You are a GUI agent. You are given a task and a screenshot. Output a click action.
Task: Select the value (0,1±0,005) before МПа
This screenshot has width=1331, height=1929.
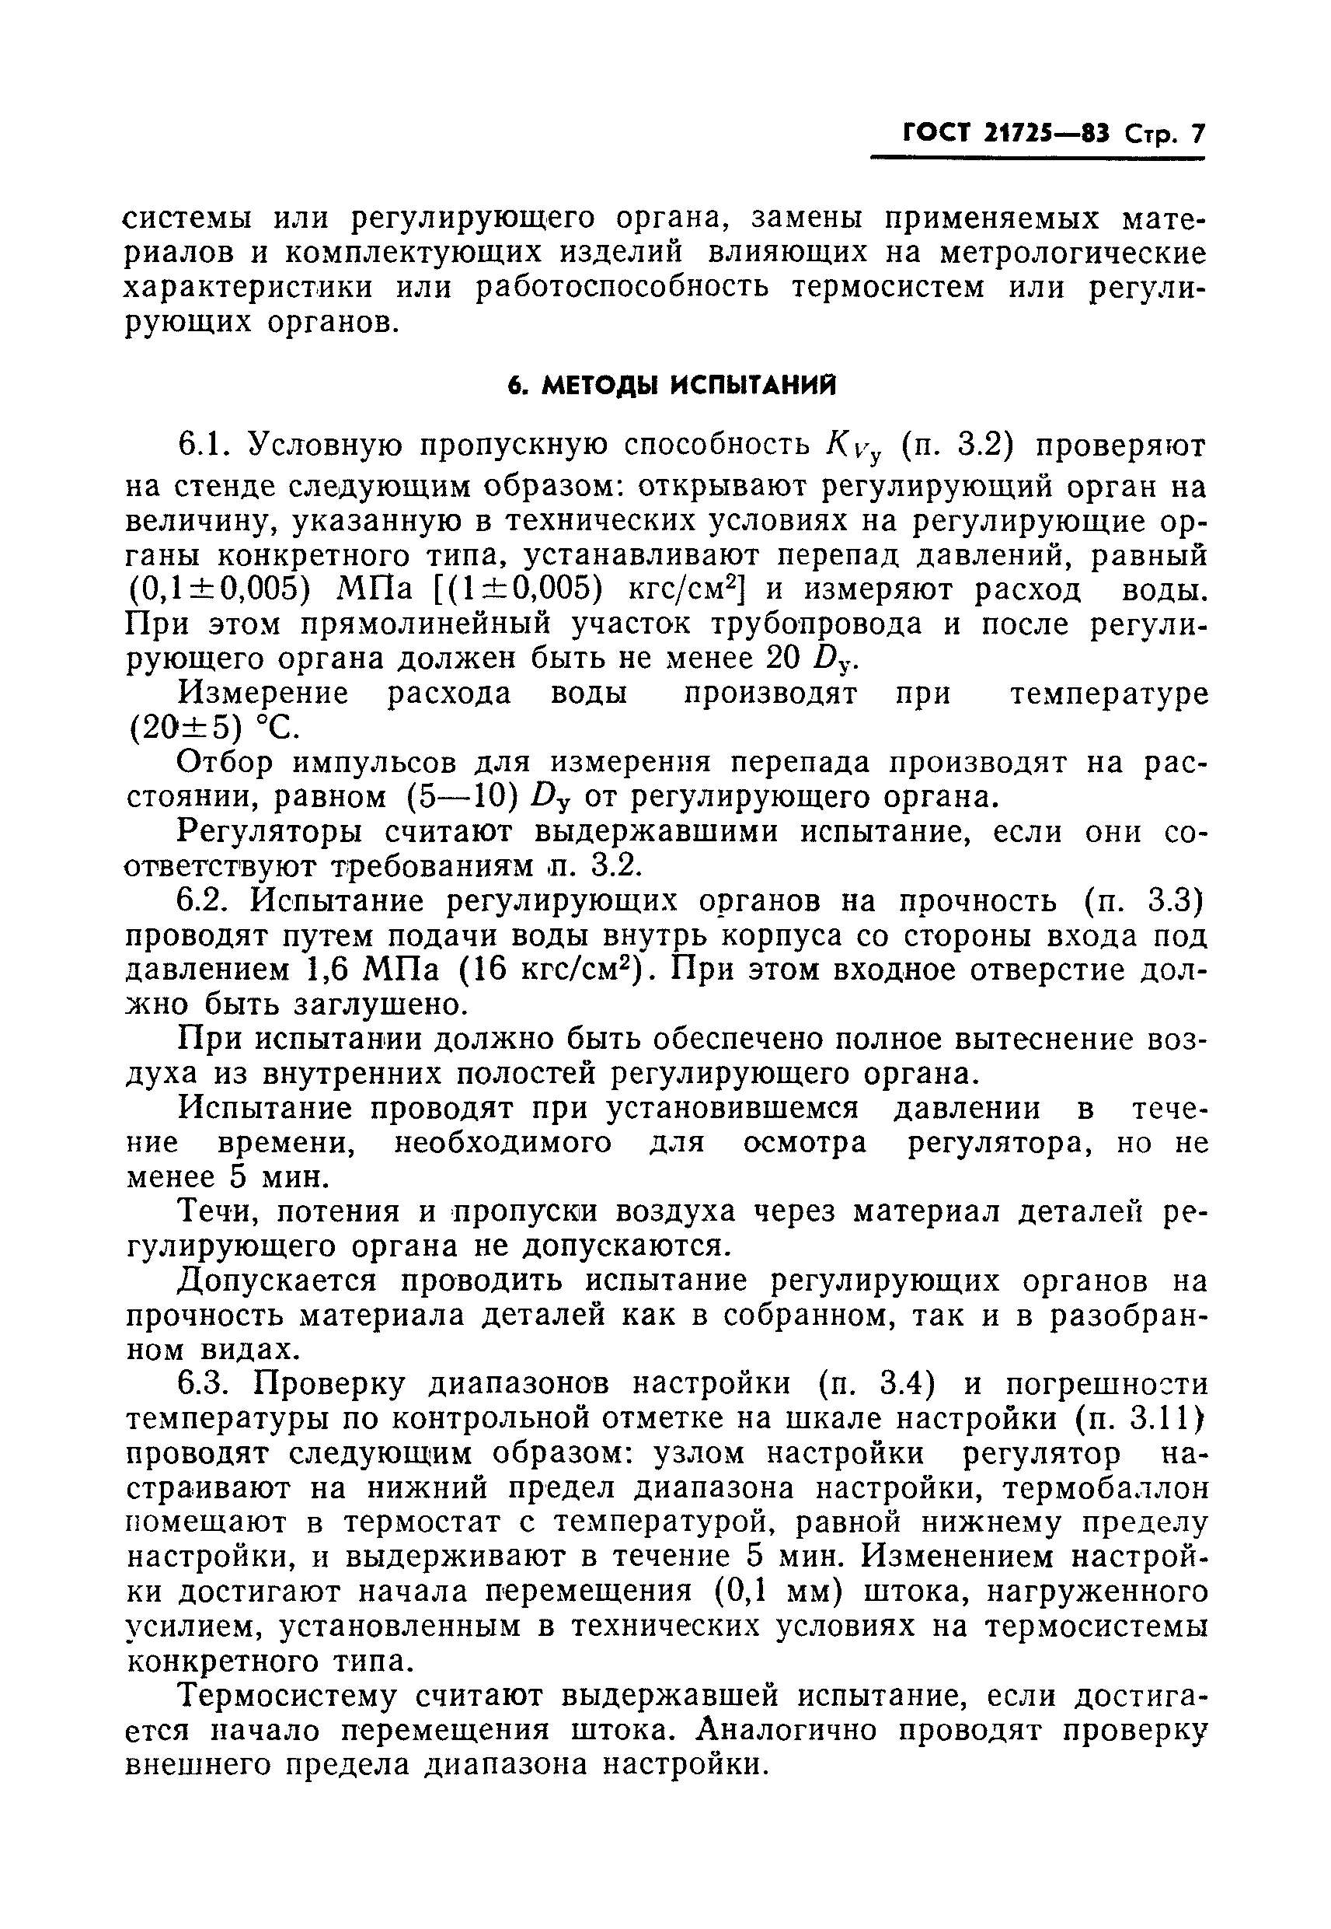[x=220, y=590]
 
